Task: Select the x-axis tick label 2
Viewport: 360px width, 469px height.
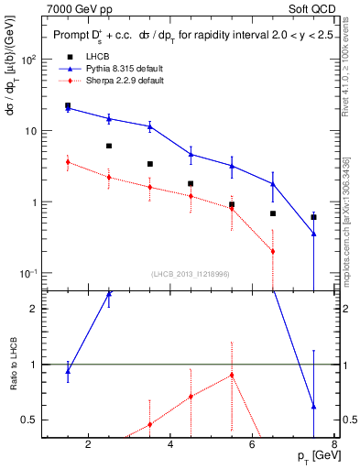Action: pos(88,446)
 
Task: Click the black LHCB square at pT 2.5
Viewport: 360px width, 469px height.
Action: pos(109,146)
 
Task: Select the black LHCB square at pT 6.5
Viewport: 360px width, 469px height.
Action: pos(273,213)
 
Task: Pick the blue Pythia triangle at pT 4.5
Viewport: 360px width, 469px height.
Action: pos(191,154)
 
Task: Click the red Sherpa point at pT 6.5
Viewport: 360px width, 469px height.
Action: pos(273,251)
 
